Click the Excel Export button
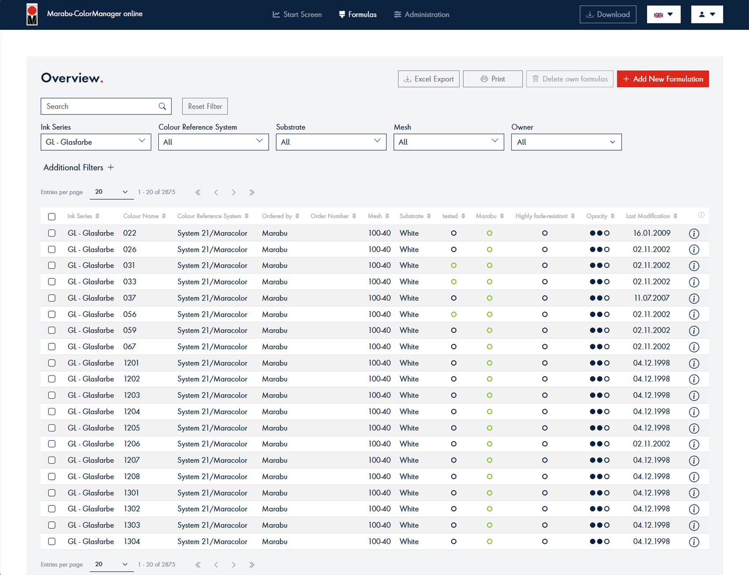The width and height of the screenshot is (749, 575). [428, 79]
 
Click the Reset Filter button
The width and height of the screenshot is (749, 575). [205, 106]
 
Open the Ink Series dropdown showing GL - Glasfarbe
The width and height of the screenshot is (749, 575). [96, 142]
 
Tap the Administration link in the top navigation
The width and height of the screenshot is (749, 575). [422, 15]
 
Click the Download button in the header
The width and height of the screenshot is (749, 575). [608, 15]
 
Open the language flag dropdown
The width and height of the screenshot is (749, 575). [663, 15]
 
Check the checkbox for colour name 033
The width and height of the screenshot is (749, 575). [52, 282]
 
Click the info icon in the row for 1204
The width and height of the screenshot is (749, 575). [694, 412]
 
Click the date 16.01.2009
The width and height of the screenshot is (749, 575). [652, 233]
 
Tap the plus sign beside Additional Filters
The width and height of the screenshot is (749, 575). [111, 167]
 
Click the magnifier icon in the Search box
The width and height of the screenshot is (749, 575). [162, 106]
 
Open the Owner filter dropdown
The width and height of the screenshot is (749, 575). [566, 142]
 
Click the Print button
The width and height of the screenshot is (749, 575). [493, 79]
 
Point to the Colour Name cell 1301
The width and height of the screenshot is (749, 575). [131, 493]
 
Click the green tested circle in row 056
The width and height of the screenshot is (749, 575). [453, 315]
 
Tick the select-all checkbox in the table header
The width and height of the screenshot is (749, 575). [52, 216]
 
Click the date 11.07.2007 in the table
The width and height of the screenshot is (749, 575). [652, 298]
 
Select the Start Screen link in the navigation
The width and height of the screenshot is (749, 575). [297, 15]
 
